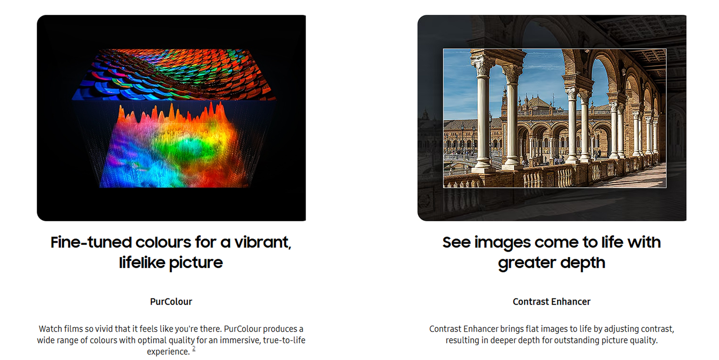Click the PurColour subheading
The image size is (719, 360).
tap(171, 302)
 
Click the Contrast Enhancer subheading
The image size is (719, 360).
tap(551, 302)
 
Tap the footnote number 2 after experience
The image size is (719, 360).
tap(194, 349)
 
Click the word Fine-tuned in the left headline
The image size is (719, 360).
tap(91, 242)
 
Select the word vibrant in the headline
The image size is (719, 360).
tap(262, 242)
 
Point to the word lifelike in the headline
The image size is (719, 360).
tap(142, 262)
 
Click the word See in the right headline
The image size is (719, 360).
tap(456, 242)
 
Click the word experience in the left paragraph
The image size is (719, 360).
tap(168, 351)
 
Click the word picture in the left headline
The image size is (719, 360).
tap(196, 263)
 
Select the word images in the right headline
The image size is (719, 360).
tap(502, 243)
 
